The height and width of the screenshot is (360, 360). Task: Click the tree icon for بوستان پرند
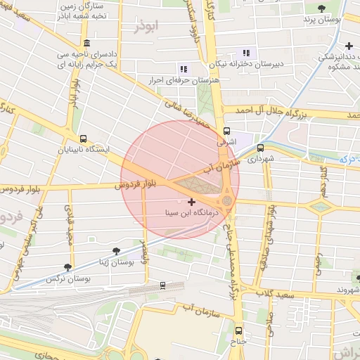click(x=321, y=8)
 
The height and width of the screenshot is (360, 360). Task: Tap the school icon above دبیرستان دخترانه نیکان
click(x=245, y=52)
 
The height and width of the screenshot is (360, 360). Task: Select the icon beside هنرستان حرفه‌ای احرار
click(x=184, y=69)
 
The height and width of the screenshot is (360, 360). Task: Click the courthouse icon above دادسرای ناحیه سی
click(x=85, y=42)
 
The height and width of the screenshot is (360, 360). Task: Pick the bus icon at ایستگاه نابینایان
click(x=84, y=139)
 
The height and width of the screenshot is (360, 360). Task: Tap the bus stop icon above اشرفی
click(x=226, y=131)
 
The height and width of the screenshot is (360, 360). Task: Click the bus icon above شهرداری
click(x=260, y=148)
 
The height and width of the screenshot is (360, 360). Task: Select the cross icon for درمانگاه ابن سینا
click(x=191, y=202)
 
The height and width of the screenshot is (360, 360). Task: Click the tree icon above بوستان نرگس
click(x=67, y=267)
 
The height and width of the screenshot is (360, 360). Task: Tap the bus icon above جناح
click(x=238, y=330)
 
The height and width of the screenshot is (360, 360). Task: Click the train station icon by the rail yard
click(x=163, y=285)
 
